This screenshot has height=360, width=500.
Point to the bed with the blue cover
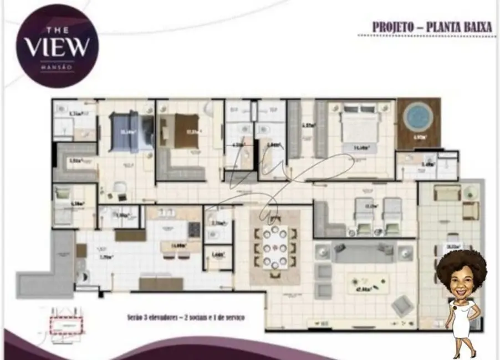[131, 131]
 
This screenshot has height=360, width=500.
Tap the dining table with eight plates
[275, 247]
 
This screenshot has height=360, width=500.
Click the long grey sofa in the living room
[363, 251]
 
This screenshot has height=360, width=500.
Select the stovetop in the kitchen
[194, 229]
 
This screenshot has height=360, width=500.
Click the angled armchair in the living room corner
[402, 306]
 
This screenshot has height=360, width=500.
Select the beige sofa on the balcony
[447, 193]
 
